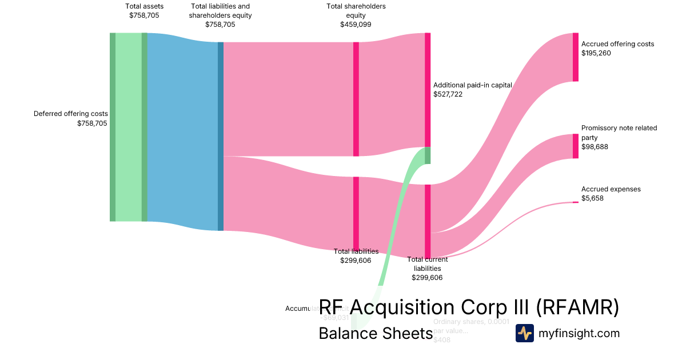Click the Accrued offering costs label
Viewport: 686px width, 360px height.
click(x=617, y=44)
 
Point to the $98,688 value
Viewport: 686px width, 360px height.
click(x=595, y=147)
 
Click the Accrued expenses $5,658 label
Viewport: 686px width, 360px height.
click(x=611, y=194)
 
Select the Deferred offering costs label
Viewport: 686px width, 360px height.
click(x=70, y=114)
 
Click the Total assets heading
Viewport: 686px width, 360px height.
click(x=144, y=6)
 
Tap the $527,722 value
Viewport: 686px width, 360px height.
click(x=448, y=94)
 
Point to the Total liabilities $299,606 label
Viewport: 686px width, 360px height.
click(x=356, y=255)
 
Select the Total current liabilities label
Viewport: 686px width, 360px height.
click(x=427, y=263)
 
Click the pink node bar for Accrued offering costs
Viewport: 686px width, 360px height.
click(x=575, y=57)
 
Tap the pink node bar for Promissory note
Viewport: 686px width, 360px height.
click(x=575, y=146)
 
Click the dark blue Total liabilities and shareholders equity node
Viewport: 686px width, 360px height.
click(x=221, y=136)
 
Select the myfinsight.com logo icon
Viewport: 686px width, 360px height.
click(x=524, y=333)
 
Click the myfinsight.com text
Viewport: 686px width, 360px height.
click(x=579, y=333)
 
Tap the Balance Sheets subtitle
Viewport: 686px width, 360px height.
click(x=375, y=334)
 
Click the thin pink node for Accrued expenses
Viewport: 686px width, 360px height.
click(x=575, y=202)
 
